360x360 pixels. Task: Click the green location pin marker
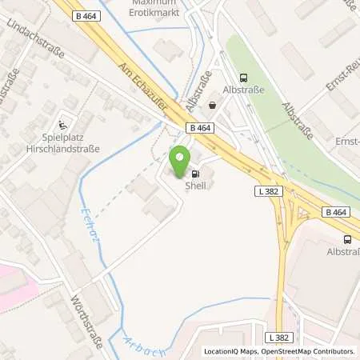point(180,160)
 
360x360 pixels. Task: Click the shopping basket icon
point(213,105)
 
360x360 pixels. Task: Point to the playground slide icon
point(62,125)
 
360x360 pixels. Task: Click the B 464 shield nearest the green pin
point(201,127)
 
